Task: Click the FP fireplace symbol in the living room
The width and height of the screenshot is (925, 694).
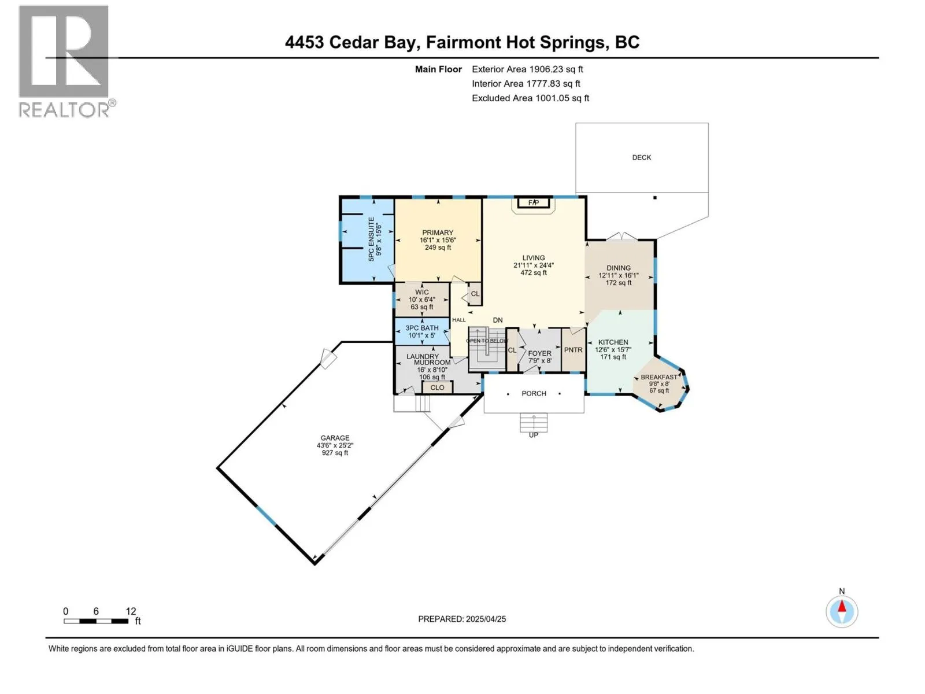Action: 533,202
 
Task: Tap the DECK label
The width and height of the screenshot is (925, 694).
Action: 641,157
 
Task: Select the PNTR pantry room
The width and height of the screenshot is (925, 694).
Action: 573,350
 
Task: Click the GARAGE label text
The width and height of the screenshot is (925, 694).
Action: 335,438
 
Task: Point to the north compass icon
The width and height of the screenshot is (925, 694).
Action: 842,611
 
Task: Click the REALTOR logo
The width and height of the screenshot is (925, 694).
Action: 64,61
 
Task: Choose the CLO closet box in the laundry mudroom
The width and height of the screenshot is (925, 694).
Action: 437,387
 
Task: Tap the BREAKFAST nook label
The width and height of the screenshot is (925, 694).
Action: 658,377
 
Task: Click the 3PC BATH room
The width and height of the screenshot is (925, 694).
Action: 422,331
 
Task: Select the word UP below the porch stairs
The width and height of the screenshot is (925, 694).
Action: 533,435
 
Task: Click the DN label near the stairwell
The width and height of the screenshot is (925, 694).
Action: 497,320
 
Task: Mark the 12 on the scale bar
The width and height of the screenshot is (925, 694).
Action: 131,611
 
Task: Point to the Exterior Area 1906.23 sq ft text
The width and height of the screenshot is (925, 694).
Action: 527,69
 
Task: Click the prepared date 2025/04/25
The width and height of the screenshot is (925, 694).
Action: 486,619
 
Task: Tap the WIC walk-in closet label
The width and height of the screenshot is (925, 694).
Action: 421,292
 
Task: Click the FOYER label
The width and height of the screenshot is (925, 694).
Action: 539,353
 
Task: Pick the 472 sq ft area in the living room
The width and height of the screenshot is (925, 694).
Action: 533,272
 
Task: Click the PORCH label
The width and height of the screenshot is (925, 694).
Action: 534,393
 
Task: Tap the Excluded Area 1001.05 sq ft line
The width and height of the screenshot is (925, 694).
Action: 530,98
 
